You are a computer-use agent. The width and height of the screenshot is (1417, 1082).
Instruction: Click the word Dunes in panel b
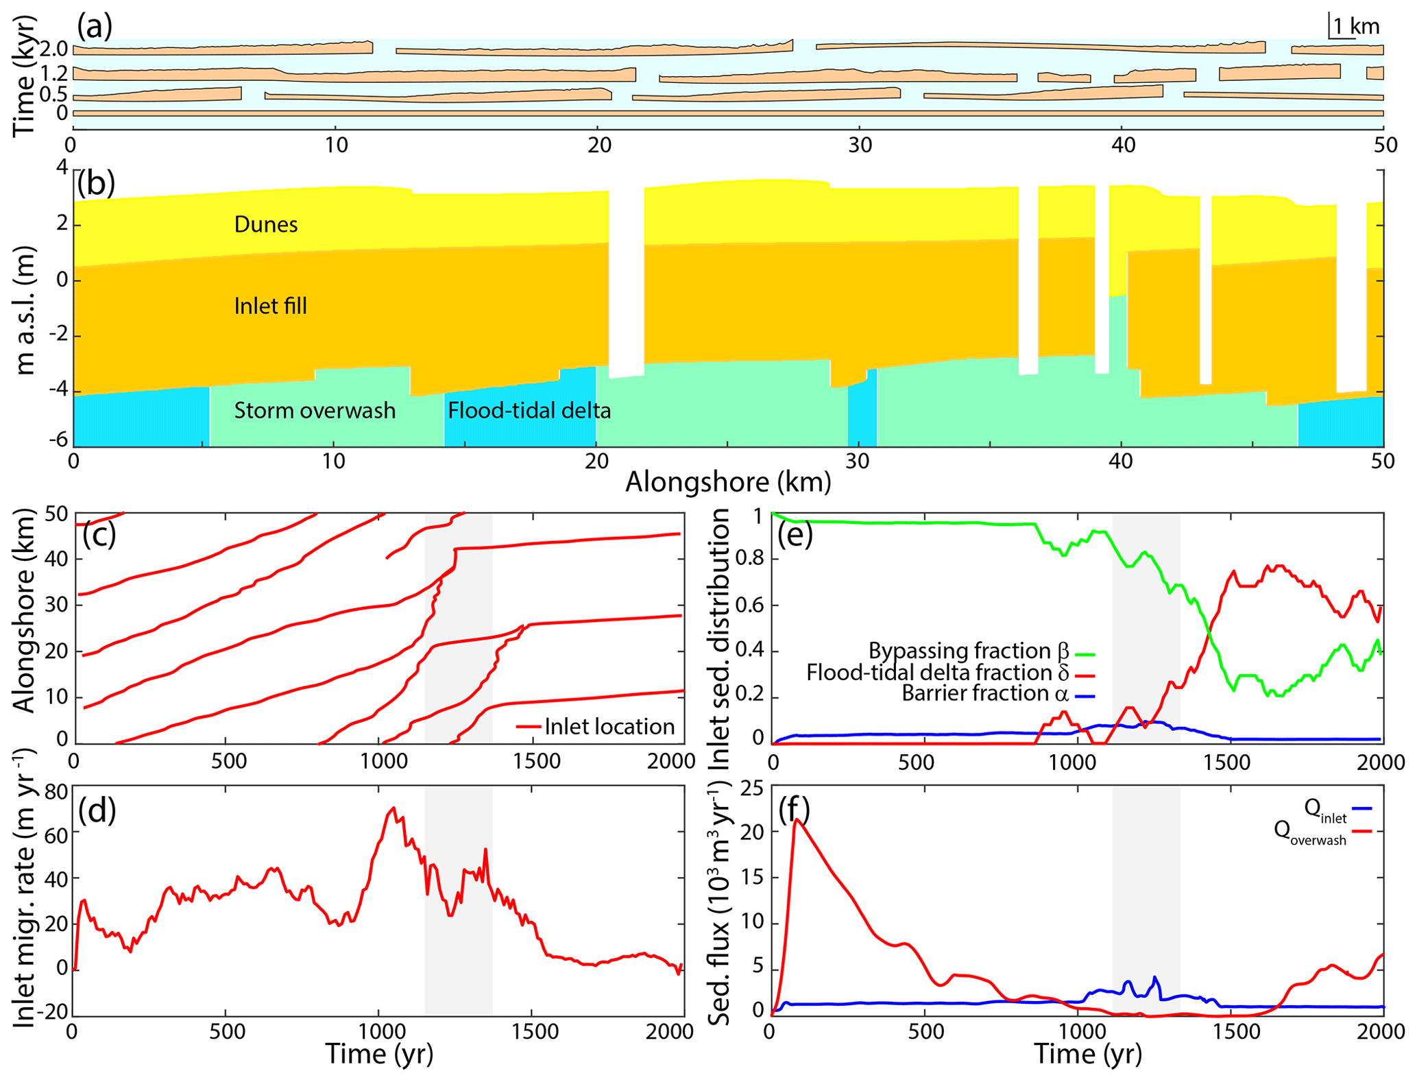(x=266, y=224)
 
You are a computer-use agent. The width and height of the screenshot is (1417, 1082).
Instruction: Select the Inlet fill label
(x=270, y=306)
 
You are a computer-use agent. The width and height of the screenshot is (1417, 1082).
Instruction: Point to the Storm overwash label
(x=315, y=410)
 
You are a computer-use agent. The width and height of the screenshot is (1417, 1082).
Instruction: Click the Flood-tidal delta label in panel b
(x=529, y=410)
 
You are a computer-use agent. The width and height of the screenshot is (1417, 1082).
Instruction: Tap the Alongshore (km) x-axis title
(x=728, y=482)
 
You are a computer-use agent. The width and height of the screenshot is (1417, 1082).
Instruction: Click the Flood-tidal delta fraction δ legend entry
(x=950, y=672)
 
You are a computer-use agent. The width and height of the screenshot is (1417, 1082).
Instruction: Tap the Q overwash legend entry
(x=1323, y=832)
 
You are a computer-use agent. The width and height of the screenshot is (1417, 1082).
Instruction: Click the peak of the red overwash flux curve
(x=796, y=819)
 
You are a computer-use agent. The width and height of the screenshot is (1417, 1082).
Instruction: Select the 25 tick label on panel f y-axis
(x=749, y=788)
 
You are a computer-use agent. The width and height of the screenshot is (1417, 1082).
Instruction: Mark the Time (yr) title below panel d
(x=379, y=1054)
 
